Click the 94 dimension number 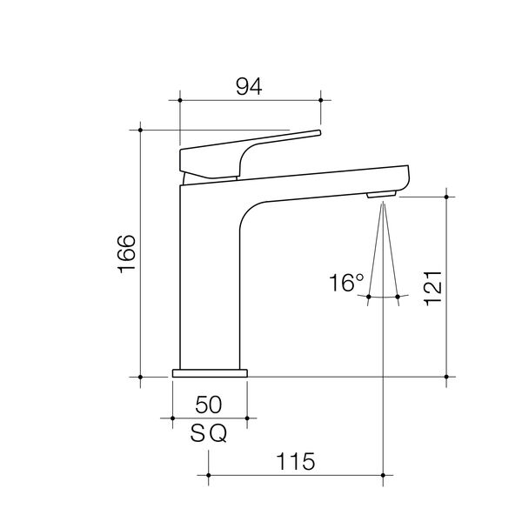pos(249,86)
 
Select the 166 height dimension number pos(127,254)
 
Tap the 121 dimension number pos(432,288)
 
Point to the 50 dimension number pos(209,405)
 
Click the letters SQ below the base pos(209,433)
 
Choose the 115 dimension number pos(296,461)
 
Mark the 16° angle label pos(346,283)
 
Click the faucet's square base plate pos(210,373)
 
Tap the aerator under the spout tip pos(382,194)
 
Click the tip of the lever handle pos(319,132)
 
